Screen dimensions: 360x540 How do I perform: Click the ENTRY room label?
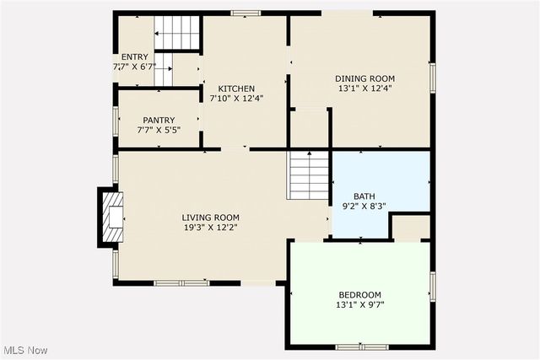point(135,56)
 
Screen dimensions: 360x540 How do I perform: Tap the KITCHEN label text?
point(236,89)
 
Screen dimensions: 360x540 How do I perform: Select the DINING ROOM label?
point(364,78)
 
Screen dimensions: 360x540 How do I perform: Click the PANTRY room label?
point(158,121)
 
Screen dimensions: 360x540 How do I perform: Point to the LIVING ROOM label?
point(210,217)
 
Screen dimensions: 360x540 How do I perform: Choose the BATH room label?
point(364,195)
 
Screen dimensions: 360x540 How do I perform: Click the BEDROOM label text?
point(359,294)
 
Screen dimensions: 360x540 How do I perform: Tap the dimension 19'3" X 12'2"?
point(210,227)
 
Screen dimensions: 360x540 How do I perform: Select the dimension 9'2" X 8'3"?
point(364,205)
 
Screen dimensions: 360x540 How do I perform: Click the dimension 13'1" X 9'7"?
point(359,304)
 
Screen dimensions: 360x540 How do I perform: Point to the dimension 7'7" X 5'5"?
point(158,131)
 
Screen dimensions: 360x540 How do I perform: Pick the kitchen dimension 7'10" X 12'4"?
point(236,98)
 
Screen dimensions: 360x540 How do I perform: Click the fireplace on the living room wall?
point(111,218)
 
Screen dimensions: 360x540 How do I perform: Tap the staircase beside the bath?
point(309,175)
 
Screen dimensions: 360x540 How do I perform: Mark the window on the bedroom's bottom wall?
point(361,347)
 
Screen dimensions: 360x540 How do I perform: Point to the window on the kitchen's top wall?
point(246,13)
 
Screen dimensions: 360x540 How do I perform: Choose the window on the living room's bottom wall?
point(181,282)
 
